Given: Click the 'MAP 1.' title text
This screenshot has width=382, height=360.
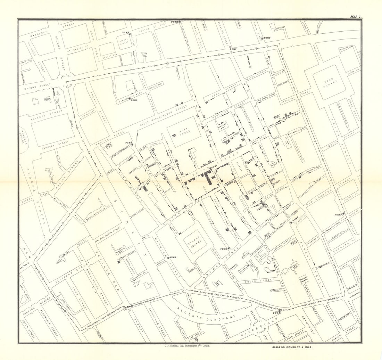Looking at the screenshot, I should (x=356, y=16).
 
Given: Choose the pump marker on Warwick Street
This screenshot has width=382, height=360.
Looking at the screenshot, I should (x=168, y=257).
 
